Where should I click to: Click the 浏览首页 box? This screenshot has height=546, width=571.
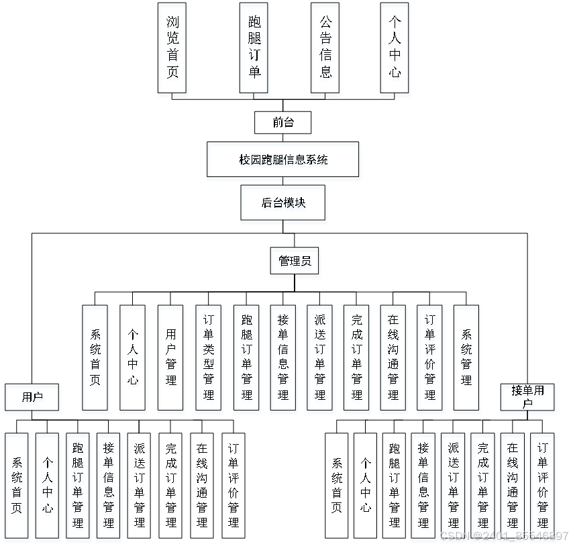(172, 47)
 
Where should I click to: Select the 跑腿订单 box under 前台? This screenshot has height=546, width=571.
(254, 47)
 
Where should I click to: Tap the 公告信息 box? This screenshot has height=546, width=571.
(325, 47)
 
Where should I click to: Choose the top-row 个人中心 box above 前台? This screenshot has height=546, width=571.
(395, 47)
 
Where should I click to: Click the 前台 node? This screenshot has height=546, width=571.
(282, 123)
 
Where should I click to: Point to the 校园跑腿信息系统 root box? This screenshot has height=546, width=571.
(282, 160)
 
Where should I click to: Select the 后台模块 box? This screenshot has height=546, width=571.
(282, 203)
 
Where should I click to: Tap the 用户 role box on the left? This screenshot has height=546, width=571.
(32, 397)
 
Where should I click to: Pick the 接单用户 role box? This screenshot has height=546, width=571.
(527, 397)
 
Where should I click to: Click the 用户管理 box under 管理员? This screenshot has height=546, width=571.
(170, 358)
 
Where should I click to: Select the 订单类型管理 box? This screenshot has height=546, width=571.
(208, 358)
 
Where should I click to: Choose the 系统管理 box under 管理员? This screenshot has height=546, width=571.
(466, 358)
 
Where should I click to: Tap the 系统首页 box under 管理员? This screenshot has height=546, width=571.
(95, 358)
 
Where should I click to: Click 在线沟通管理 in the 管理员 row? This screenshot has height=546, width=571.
(393, 358)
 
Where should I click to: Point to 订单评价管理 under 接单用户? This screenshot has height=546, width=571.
(542, 485)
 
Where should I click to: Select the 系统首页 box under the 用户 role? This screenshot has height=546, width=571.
(16, 485)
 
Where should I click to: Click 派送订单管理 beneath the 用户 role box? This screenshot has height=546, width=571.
(139, 485)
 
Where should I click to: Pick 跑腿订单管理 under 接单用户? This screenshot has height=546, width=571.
(394, 485)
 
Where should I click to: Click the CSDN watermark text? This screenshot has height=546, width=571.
(503, 536)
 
